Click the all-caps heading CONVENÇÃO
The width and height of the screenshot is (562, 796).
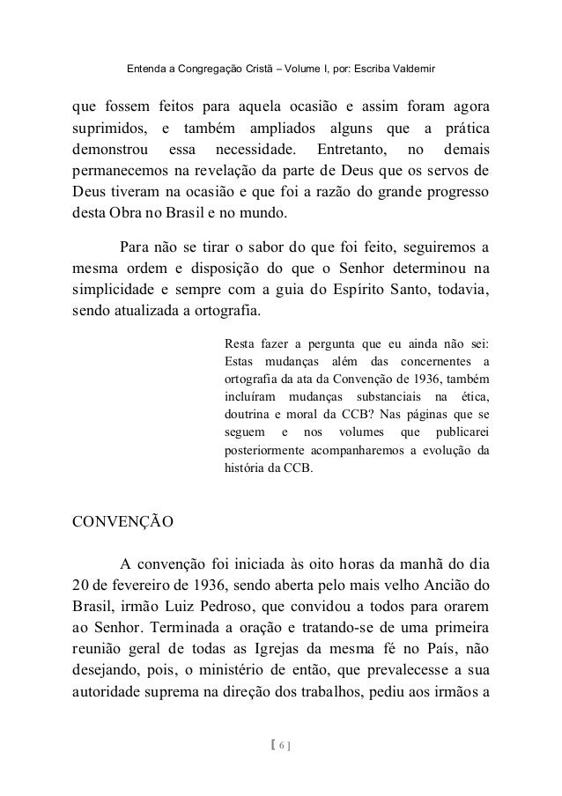[122, 520]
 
